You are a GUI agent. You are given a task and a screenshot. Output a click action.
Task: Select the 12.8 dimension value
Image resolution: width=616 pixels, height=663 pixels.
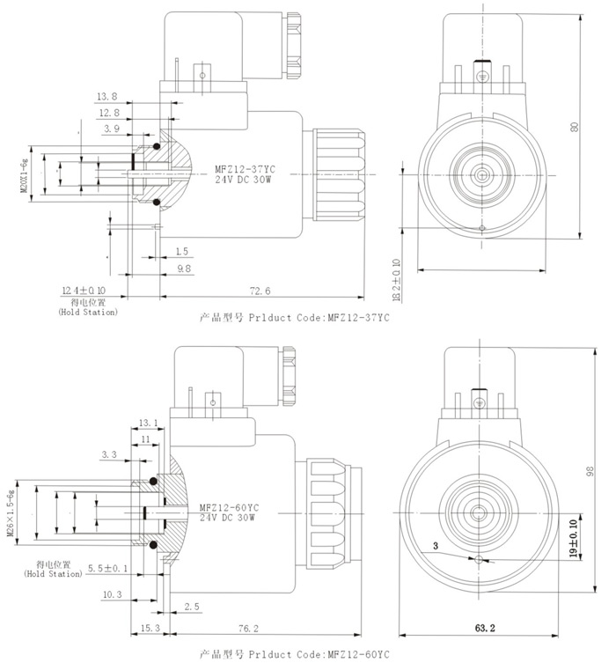pyautogui.click(x=109, y=113)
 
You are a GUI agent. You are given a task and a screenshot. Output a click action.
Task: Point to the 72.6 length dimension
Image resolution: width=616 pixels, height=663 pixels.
pyautogui.click(x=260, y=291)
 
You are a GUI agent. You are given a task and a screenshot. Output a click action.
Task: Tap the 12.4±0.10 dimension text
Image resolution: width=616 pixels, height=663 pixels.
pyautogui.click(x=84, y=290)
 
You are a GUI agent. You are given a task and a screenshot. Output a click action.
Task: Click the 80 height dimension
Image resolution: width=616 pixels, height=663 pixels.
pyautogui.click(x=574, y=128)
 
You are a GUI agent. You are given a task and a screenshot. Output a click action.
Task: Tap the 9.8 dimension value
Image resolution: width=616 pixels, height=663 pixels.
pyautogui.click(x=184, y=268)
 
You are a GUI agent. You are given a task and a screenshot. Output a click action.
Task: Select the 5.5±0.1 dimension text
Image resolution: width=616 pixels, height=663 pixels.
pyautogui.click(x=108, y=568)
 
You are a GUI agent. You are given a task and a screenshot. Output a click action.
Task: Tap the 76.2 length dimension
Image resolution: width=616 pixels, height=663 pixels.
pyautogui.click(x=249, y=629)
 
